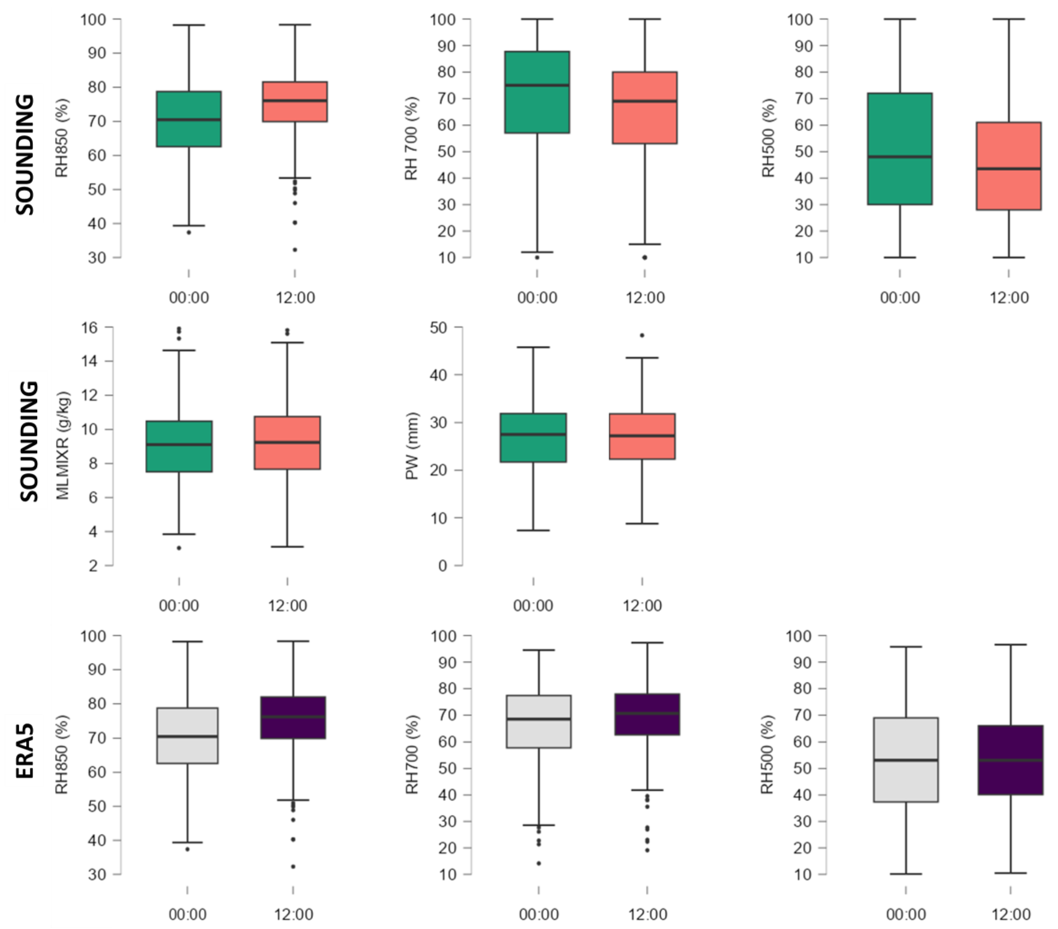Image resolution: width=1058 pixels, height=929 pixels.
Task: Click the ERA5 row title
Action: point(25,750)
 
